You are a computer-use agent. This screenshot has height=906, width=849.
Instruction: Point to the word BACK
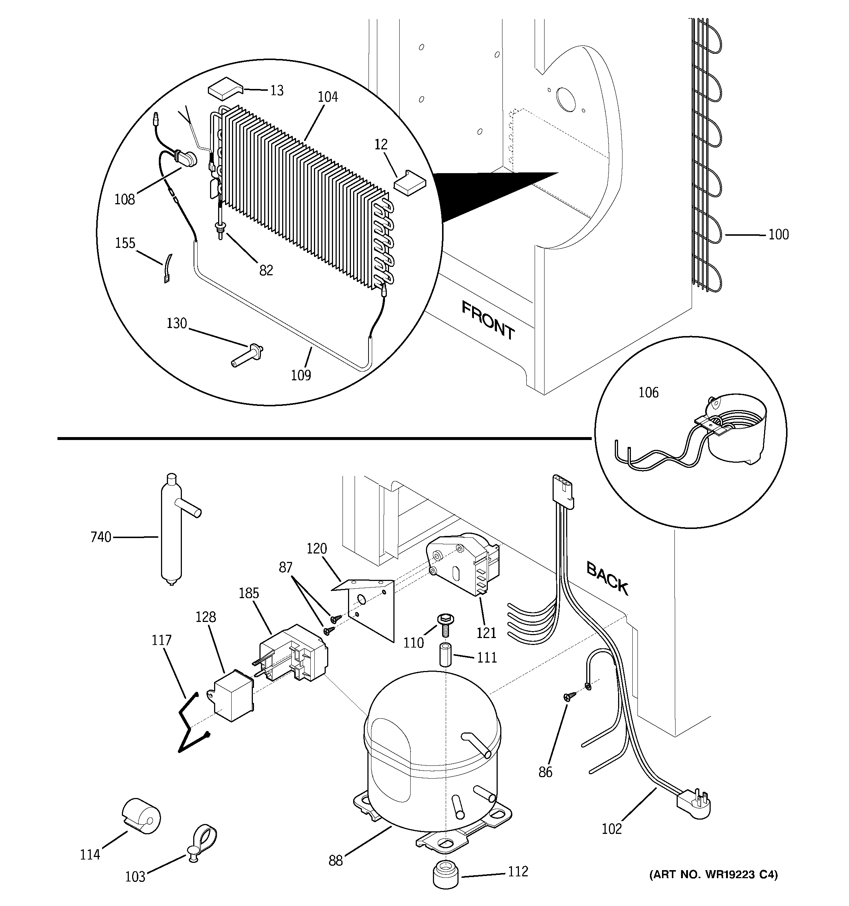[x=607, y=579]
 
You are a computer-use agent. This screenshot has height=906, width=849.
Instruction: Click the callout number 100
[x=778, y=235]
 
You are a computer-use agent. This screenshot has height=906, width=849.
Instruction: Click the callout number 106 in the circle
[x=648, y=392]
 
